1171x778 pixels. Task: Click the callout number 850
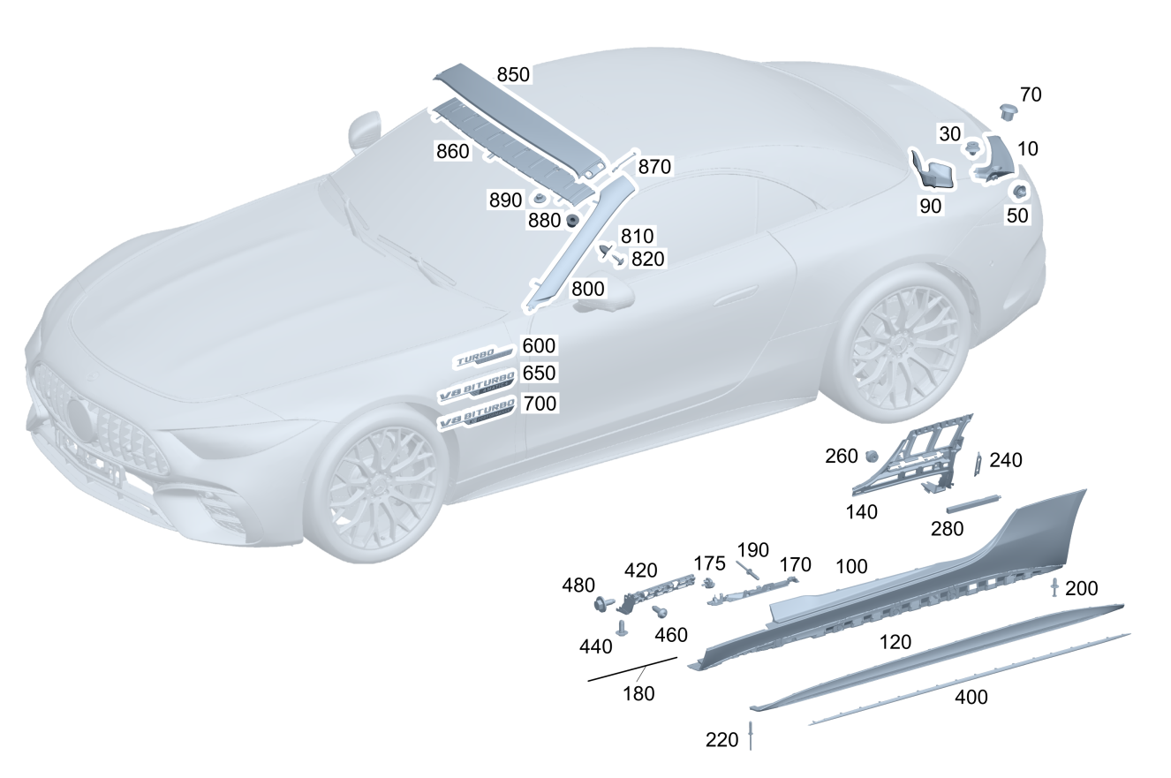(x=513, y=75)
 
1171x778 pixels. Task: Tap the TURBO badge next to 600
(x=482, y=359)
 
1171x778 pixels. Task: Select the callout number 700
(x=540, y=404)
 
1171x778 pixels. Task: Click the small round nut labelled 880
(x=572, y=219)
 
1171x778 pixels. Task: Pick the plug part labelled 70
(x=1008, y=110)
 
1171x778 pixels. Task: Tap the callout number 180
(x=638, y=694)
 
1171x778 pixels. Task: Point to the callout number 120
(x=895, y=643)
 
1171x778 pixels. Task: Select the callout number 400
(x=971, y=698)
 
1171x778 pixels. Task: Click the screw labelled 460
(x=658, y=610)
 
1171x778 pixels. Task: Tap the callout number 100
(x=851, y=567)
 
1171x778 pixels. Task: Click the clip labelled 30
(x=971, y=147)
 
